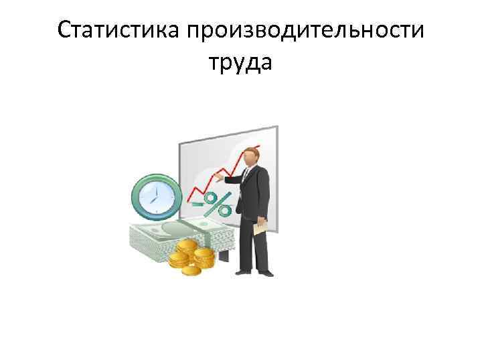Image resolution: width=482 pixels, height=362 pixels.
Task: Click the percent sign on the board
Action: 217,203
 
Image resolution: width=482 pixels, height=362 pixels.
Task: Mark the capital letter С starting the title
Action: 64,31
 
